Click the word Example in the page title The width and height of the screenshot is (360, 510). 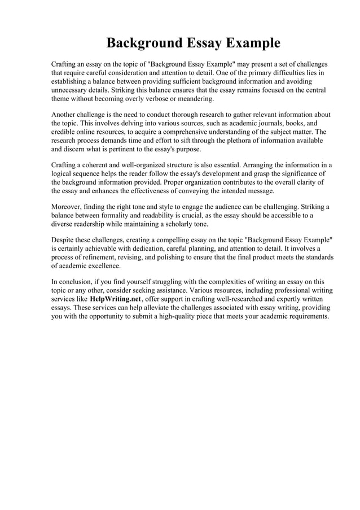click(x=253, y=43)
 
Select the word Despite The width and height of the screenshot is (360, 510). click(x=64, y=241)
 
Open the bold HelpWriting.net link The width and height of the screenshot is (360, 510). click(x=116, y=299)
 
